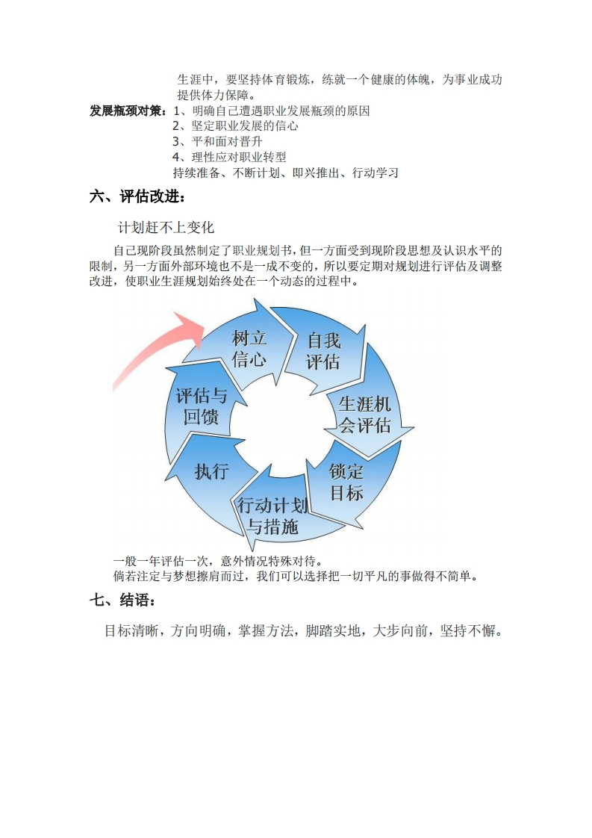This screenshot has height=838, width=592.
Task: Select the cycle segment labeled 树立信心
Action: pos(249,347)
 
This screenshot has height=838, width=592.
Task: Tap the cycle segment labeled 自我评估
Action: pos(323,351)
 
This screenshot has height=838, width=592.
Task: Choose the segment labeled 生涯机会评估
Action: pos(365,415)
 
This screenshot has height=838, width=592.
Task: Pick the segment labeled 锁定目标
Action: pos(346,482)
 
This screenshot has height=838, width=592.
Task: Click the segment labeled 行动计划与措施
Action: pos(272,515)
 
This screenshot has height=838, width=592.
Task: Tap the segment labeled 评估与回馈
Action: pos(201,406)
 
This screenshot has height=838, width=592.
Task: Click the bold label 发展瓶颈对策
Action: pos(128,111)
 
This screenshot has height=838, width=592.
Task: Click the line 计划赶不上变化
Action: pos(166,227)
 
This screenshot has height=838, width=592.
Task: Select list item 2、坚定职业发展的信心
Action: pos(235,126)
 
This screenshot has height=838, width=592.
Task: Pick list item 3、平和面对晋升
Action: pos(216,142)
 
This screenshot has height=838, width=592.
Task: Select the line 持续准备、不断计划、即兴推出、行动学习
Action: pos(285,173)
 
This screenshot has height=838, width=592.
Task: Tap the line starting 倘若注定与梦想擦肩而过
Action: pos(295,576)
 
